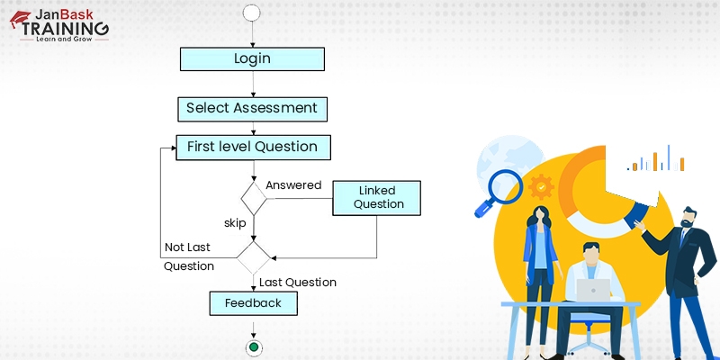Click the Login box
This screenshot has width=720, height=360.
click(x=252, y=59)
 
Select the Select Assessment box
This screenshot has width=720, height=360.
click(x=252, y=109)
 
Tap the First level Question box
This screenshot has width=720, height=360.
click(x=252, y=147)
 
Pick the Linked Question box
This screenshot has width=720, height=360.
click(x=378, y=197)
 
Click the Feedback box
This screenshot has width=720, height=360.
click(x=253, y=303)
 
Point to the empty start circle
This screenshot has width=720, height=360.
click(x=252, y=13)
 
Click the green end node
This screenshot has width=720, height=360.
click(x=253, y=346)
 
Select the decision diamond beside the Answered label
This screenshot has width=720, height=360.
click(x=253, y=196)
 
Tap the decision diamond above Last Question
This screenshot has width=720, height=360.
click(x=253, y=257)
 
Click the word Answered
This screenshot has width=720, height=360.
click(x=293, y=185)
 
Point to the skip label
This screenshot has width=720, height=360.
click(x=235, y=222)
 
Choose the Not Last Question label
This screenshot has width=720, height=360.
click(x=189, y=256)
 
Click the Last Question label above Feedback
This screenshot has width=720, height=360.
click(x=298, y=283)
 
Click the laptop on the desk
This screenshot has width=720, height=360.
click(x=593, y=290)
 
